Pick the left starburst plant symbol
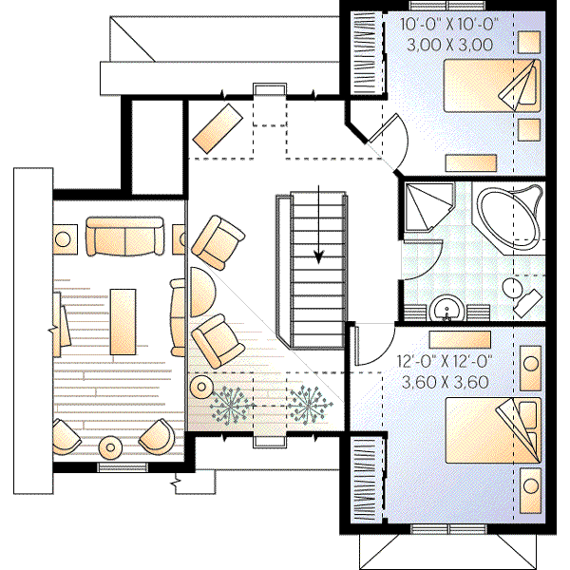[229, 405]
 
